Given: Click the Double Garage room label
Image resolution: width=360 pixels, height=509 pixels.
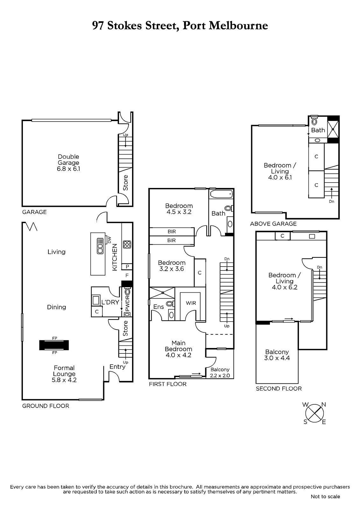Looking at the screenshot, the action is pos(68,163).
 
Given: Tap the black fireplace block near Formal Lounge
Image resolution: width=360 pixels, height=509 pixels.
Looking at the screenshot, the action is pos(54,345).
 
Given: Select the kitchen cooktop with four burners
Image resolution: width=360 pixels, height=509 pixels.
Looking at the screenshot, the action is pos(127,245).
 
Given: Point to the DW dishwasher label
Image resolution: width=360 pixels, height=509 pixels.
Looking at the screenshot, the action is pos(109,240).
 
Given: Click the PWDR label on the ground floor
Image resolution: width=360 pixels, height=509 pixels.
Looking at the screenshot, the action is pos(127,303).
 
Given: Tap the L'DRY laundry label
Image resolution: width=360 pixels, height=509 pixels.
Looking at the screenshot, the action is pos(110,302).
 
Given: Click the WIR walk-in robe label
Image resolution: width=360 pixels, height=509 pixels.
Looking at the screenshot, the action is pos(191,303).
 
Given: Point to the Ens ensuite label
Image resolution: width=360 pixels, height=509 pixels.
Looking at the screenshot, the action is pos(159,307).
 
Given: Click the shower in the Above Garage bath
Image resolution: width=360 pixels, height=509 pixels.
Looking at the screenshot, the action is pos(333,129).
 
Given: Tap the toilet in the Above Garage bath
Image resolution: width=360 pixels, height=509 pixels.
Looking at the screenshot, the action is pos(314,121).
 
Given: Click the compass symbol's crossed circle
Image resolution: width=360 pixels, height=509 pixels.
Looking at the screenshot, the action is pos(314,413).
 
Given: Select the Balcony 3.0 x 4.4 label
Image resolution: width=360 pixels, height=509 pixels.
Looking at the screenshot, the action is pos(277,355).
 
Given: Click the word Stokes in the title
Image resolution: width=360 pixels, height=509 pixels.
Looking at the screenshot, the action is pos(125,25).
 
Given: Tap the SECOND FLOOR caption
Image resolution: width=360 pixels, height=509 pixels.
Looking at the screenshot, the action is pos(279,388).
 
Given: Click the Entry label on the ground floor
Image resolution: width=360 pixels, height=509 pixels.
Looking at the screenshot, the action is pos(117,366).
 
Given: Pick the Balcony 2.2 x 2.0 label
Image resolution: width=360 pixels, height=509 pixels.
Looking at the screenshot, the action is pos(220,373).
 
